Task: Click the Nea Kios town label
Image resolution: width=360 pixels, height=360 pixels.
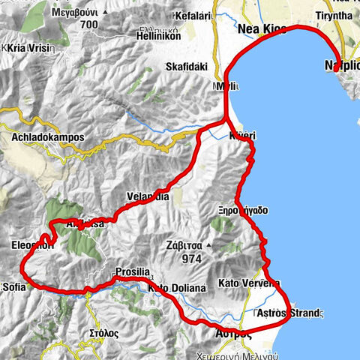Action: tap(262, 30)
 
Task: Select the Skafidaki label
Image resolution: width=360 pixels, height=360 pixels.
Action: tap(181, 66)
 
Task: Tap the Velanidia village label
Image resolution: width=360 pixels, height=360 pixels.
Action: tap(148, 196)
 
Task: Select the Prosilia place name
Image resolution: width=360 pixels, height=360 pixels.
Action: tap(133, 272)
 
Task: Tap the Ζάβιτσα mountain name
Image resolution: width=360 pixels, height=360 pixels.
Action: tap(187, 244)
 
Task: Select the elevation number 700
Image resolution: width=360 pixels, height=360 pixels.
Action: tap(89, 25)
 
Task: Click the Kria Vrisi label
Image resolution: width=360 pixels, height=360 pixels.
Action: tap(28, 47)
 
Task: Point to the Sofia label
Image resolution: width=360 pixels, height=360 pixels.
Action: tap(14, 286)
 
